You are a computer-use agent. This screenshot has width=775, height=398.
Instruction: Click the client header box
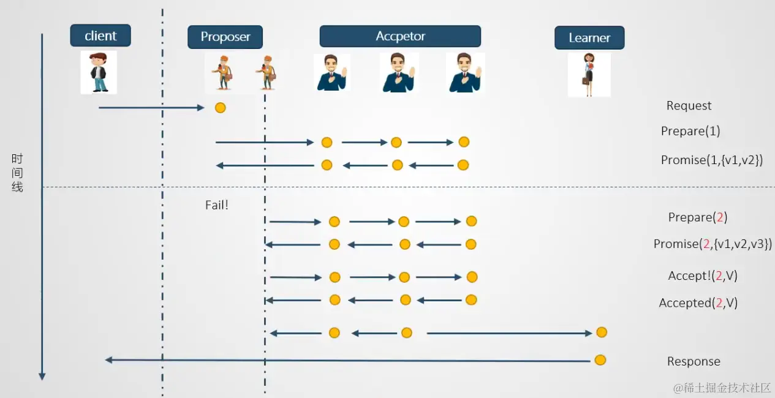click(100, 36)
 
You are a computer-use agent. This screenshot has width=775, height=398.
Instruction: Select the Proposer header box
click(225, 37)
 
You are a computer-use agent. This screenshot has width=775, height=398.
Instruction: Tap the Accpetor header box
click(400, 36)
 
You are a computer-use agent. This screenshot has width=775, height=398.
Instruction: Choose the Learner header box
click(589, 37)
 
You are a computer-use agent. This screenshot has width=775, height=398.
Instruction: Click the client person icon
click(98, 72)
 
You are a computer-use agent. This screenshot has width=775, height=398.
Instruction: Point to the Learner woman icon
click(589, 75)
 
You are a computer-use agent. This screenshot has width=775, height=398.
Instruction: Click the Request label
click(689, 105)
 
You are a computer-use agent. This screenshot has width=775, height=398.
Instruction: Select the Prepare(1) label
click(690, 131)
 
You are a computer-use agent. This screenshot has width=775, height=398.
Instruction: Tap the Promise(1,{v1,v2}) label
click(711, 160)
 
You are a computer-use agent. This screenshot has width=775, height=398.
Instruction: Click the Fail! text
click(216, 205)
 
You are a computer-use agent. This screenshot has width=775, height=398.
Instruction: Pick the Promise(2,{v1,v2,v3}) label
click(713, 244)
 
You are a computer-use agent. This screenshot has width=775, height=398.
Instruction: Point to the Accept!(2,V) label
click(702, 276)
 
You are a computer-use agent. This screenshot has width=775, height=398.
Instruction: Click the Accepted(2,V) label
click(698, 302)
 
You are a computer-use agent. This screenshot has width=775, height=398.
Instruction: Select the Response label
click(694, 361)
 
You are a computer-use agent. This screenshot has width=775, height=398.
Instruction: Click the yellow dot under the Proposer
click(221, 108)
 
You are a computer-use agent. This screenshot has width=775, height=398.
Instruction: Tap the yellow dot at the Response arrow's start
click(600, 360)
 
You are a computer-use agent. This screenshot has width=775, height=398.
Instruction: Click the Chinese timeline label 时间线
click(17, 173)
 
